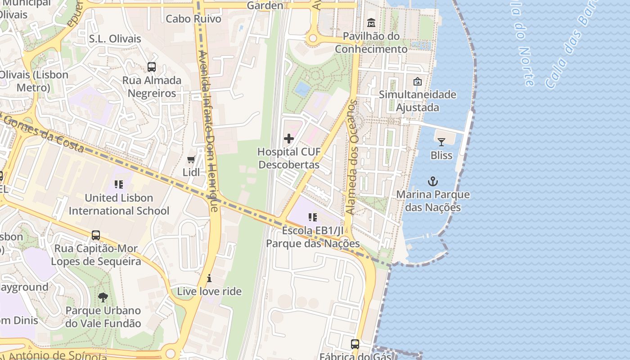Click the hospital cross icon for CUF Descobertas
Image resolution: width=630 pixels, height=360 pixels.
coord(289,139)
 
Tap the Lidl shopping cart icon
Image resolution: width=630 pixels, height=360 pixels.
coord(191,159)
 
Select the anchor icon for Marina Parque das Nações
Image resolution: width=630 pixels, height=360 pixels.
coord(432,181)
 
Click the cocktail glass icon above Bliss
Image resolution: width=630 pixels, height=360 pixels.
coord(441,142)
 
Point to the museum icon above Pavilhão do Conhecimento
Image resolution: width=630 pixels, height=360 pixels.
coord(371,22)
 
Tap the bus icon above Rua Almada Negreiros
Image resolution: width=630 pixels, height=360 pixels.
coord(152,67)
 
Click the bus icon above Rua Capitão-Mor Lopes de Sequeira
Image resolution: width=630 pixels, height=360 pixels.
coord(96,235)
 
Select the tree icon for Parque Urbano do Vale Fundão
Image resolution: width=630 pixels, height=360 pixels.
coord(103,297)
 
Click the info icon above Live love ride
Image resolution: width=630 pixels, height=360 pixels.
coord(209,278)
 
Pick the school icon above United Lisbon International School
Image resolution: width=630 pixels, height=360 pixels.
coord(119,184)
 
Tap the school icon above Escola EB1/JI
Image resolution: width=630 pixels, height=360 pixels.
coord(313,217)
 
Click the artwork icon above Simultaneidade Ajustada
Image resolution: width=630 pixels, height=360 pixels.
coord(418,81)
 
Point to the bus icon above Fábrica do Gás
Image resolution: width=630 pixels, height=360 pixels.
coord(355,344)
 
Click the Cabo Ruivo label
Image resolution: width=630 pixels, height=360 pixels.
coord(193,19)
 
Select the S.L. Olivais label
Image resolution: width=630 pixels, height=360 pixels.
coord(115,39)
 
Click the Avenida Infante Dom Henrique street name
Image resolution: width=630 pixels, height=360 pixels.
coord(208,130)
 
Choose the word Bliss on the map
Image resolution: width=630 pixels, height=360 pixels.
coord(441,155)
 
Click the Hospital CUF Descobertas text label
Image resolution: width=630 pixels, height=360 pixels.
coord(289,158)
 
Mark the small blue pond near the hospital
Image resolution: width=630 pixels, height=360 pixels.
coord(302,89)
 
